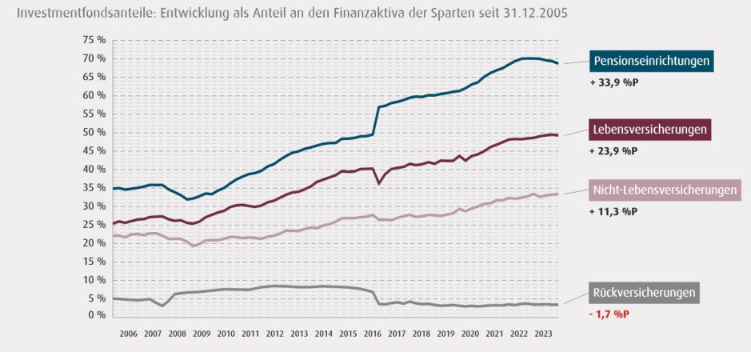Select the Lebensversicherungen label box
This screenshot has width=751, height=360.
650,129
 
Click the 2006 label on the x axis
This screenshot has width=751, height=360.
128,333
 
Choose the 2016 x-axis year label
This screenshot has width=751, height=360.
373,333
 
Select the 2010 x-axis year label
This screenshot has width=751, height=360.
226,333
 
